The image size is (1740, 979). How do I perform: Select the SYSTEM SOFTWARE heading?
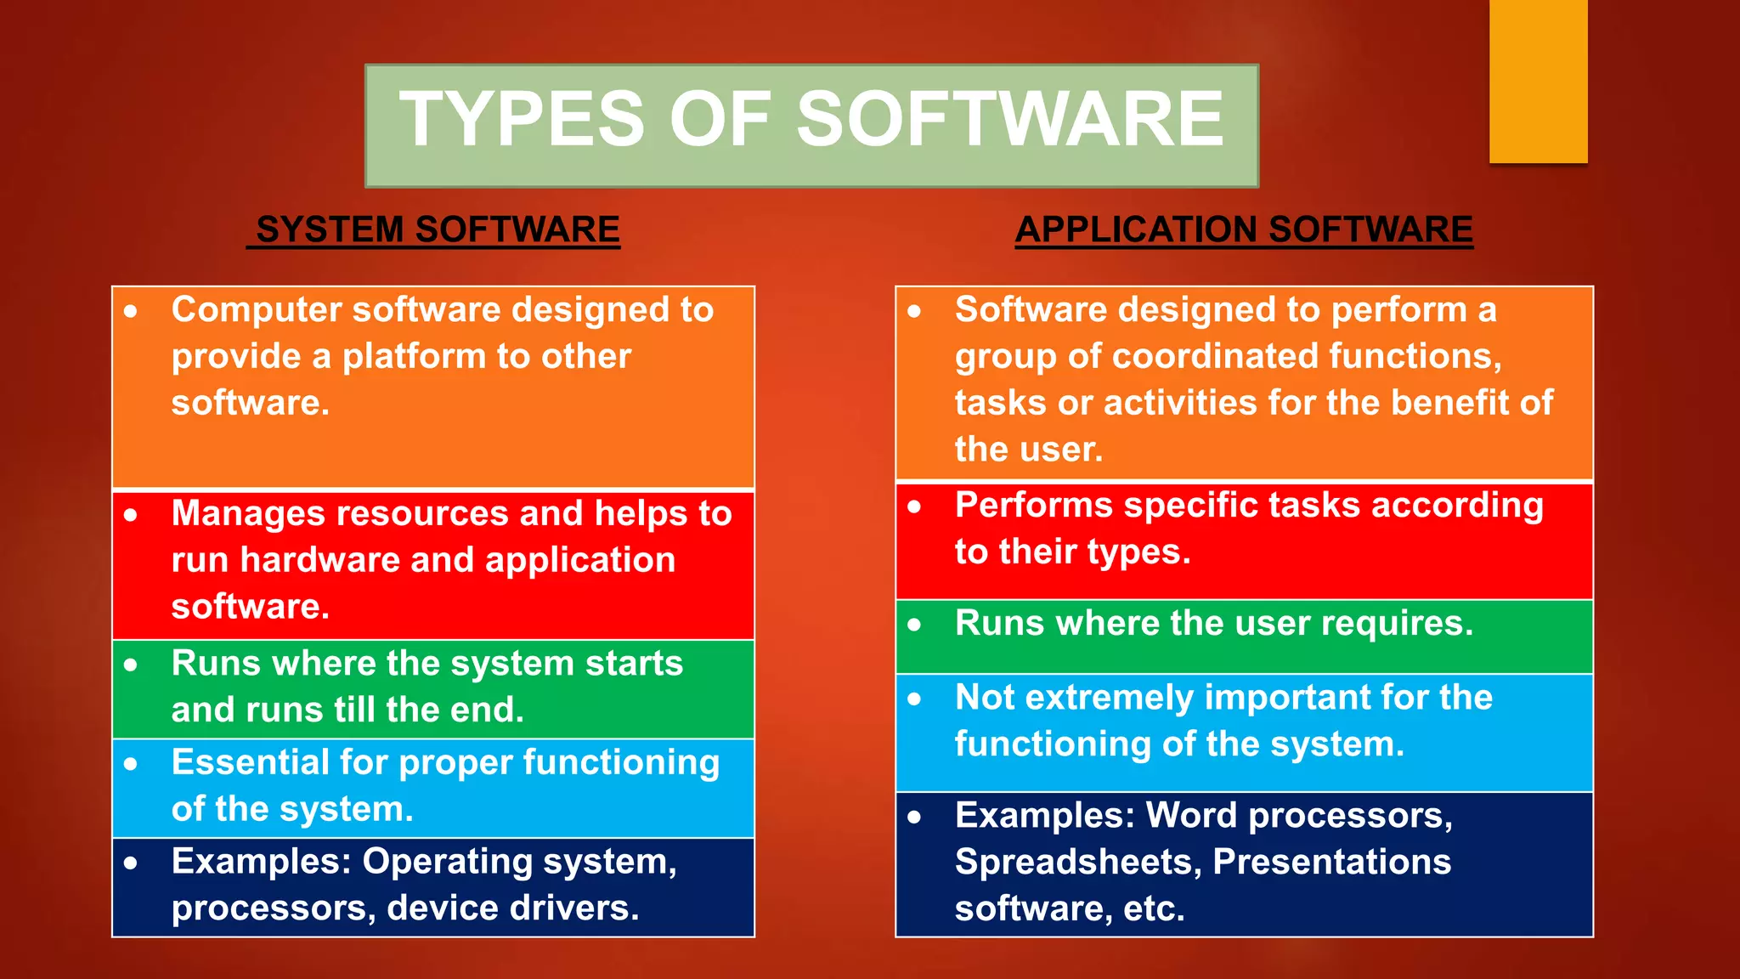click(x=438, y=229)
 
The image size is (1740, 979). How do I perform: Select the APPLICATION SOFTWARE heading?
click(x=1244, y=229)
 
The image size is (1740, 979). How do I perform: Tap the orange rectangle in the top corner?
click(x=1538, y=81)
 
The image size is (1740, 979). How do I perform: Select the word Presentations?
click(x=1331, y=862)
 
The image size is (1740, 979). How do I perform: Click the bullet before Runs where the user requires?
click(x=914, y=625)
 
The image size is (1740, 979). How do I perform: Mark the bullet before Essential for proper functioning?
click(x=130, y=764)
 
